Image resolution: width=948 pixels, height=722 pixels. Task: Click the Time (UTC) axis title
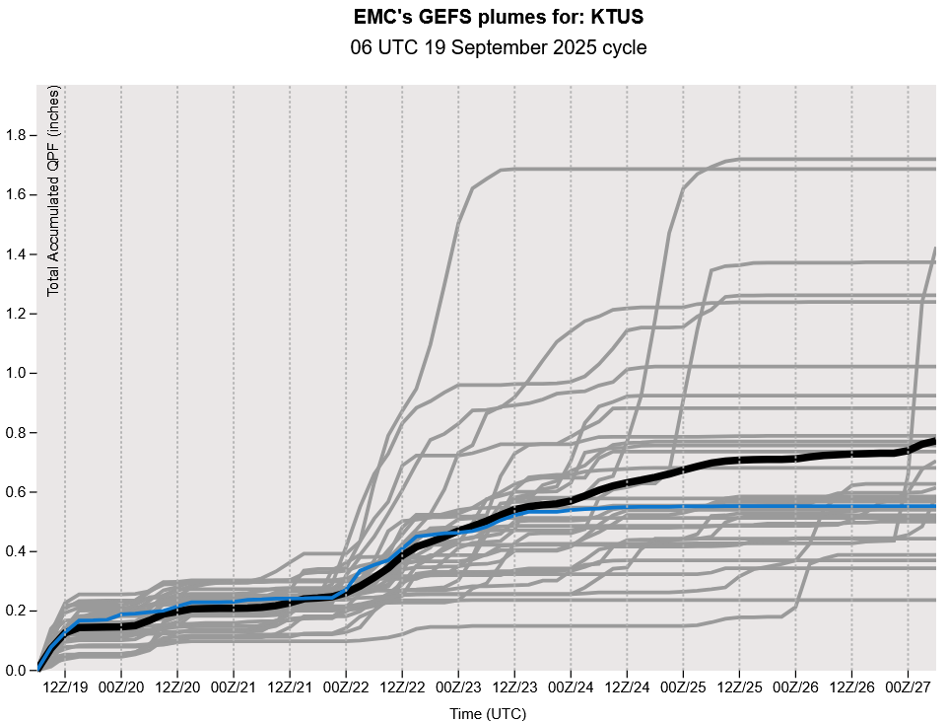(487, 712)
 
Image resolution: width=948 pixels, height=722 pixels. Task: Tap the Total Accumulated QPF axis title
(54, 189)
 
